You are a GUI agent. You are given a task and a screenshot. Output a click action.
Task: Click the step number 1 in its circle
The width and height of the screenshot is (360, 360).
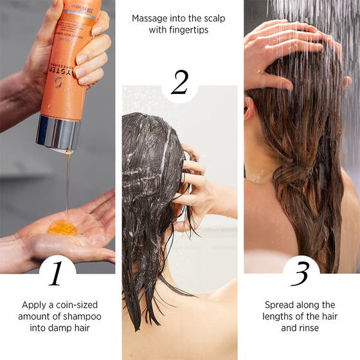tap(57, 273)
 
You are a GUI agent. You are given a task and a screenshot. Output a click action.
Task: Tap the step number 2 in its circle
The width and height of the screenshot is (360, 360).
tap(179, 83)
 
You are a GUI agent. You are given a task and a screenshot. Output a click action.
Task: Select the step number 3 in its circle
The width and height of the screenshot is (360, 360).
tap(300, 273)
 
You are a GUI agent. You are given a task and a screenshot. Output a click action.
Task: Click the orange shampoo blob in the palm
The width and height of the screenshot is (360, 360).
tap(62, 227)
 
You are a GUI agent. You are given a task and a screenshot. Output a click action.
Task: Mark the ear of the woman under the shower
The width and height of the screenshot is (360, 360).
tap(249, 107)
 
